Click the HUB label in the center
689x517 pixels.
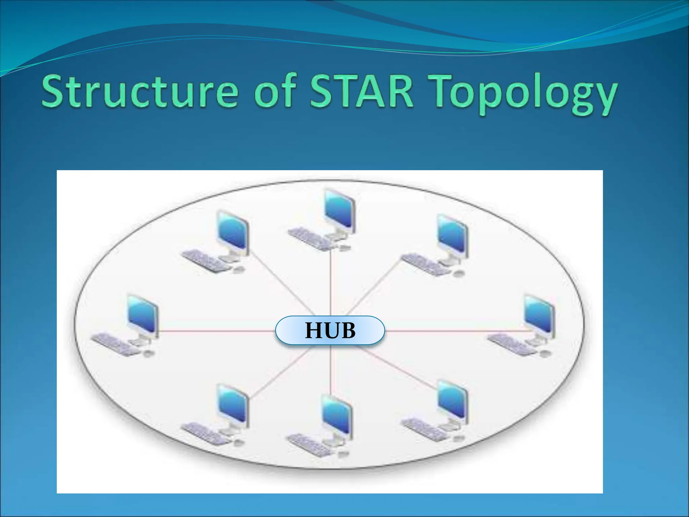pyautogui.click(x=330, y=331)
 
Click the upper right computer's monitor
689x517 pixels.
pyautogui.click(x=452, y=236)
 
